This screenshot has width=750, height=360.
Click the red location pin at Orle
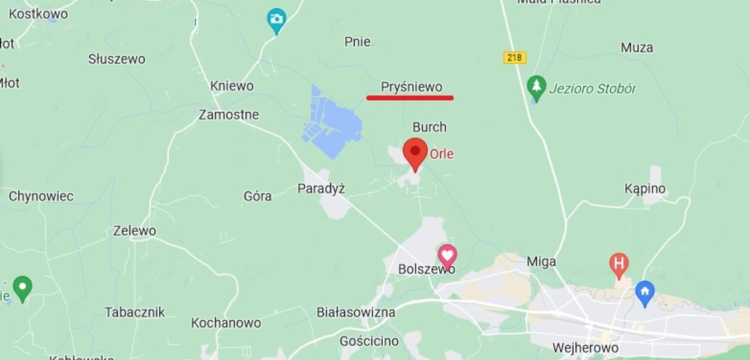click(x=415, y=153)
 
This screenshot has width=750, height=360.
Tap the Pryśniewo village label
click(x=412, y=87)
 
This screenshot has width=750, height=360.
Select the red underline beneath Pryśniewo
click(x=410, y=97)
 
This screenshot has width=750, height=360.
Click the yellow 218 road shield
click(x=515, y=58)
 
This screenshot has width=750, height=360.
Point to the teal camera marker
click(x=276, y=20)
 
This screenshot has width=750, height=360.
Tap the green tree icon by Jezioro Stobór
click(x=536, y=87)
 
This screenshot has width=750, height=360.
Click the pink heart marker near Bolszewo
click(x=447, y=255)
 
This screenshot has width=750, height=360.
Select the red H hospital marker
click(x=619, y=264)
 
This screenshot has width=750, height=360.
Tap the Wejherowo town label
click(x=585, y=348)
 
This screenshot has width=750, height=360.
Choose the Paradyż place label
click(x=321, y=189)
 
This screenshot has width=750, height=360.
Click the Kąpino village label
click(x=645, y=189)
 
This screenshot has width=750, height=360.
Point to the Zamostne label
click(x=229, y=115)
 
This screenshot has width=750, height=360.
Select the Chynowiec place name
click(x=41, y=196)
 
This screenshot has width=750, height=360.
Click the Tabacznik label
click(x=134, y=312)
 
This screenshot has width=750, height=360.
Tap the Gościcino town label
click(x=369, y=341)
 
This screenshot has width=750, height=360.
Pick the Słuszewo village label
click(x=116, y=59)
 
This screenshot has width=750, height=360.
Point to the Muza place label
click(x=637, y=47)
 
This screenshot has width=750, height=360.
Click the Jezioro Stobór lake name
click(x=592, y=89)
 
